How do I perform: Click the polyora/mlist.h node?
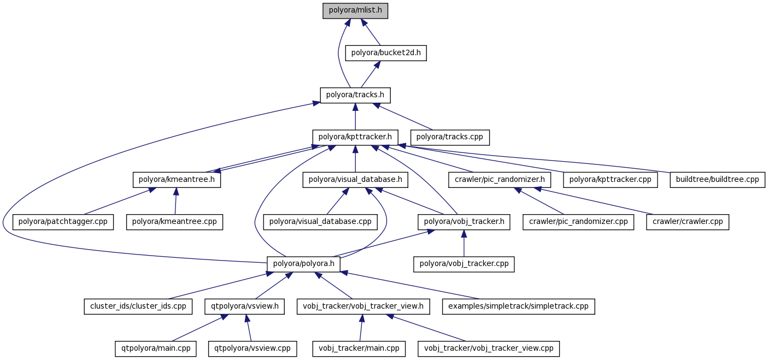point(355,11)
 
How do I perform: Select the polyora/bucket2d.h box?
point(386,53)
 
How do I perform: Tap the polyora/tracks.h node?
point(355,95)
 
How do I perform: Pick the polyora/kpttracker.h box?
point(355,137)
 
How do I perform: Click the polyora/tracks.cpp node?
point(450,137)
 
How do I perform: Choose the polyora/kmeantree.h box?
point(177,179)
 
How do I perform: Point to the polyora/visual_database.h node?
point(355,179)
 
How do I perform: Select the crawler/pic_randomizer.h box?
point(499,179)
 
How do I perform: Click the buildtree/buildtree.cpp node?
point(717,179)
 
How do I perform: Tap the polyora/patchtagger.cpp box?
point(63,222)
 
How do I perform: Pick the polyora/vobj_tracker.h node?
point(464,222)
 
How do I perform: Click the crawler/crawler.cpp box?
point(687,222)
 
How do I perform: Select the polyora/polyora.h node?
point(303,264)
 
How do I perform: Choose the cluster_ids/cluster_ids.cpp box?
point(138,306)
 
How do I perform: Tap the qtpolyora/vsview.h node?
point(244,306)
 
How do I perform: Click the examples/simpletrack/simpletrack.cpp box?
point(518,306)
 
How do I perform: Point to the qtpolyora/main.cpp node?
point(156,348)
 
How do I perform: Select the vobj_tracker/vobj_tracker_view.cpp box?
point(489,348)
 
